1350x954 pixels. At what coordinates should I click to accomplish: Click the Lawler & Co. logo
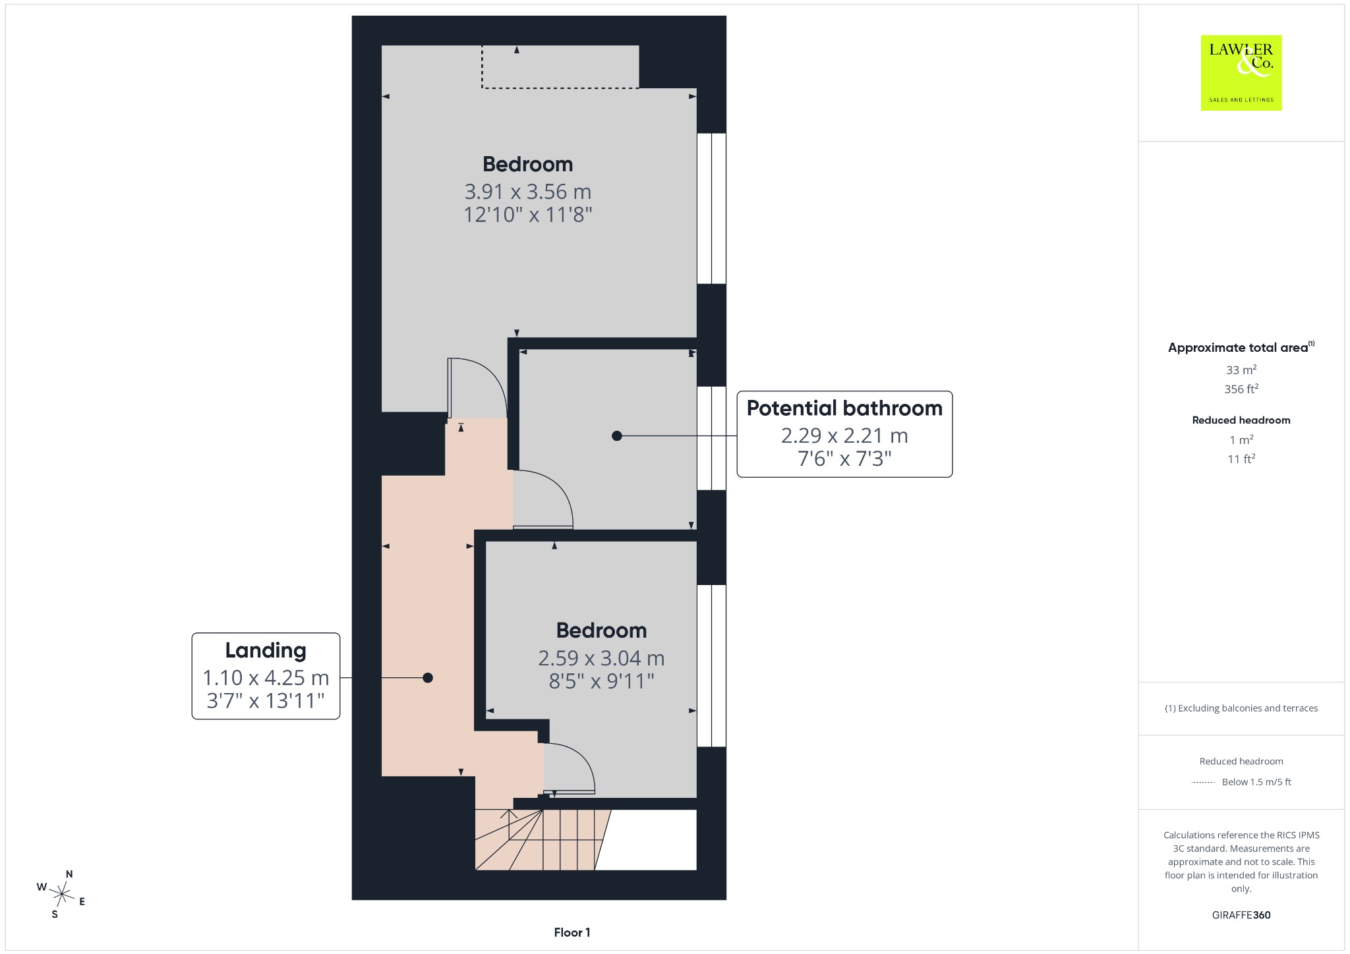1241,72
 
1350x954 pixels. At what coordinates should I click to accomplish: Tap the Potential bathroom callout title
844,408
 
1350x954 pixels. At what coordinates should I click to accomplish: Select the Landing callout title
266,650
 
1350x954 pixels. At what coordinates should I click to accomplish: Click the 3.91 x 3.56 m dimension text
528,192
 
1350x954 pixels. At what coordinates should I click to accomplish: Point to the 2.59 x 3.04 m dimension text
601,658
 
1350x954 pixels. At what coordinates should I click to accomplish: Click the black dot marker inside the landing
428,677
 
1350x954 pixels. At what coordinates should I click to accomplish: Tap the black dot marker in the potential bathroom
616,435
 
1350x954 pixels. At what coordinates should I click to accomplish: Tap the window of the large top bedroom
711,209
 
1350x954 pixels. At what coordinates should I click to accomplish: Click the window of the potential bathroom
711,438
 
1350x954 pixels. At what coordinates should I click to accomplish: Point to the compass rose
61,894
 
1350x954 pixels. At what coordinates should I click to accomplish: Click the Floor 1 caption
572,932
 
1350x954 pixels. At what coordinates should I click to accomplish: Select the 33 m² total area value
1241,370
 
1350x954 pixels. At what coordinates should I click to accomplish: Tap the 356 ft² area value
1241,389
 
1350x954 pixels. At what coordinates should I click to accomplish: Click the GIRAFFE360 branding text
1241,915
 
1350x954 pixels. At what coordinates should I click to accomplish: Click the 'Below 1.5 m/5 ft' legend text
1256,782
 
